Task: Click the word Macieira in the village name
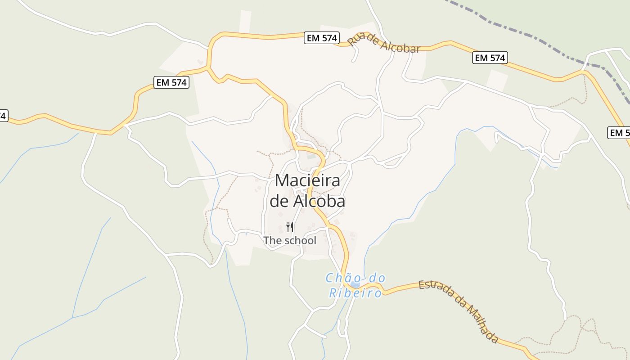(x=307, y=181)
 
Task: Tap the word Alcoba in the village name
(x=319, y=201)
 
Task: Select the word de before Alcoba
(x=279, y=201)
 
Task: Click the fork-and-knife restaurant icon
(x=290, y=227)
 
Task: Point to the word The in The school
(x=272, y=241)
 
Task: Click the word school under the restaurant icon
(x=300, y=241)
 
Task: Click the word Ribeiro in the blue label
(x=355, y=293)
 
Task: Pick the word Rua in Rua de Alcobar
(x=355, y=39)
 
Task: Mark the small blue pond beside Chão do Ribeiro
(x=355, y=285)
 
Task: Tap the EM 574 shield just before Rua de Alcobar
(x=322, y=38)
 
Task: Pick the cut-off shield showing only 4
(x=3, y=116)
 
